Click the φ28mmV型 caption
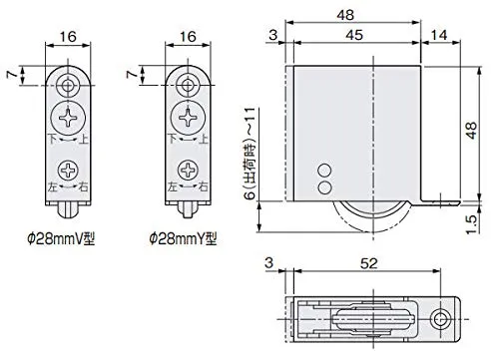click(x=61, y=238)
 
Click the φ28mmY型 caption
click(x=184, y=238)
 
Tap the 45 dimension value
click(x=354, y=35)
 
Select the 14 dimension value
click(x=439, y=35)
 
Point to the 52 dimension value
click(x=369, y=263)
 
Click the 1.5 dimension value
click(x=472, y=224)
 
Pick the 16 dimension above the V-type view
click(x=68, y=37)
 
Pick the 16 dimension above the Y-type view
click(x=188, y=37)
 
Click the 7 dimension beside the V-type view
click(x=12, y=75)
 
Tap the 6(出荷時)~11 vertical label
click(x=250, y=154)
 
